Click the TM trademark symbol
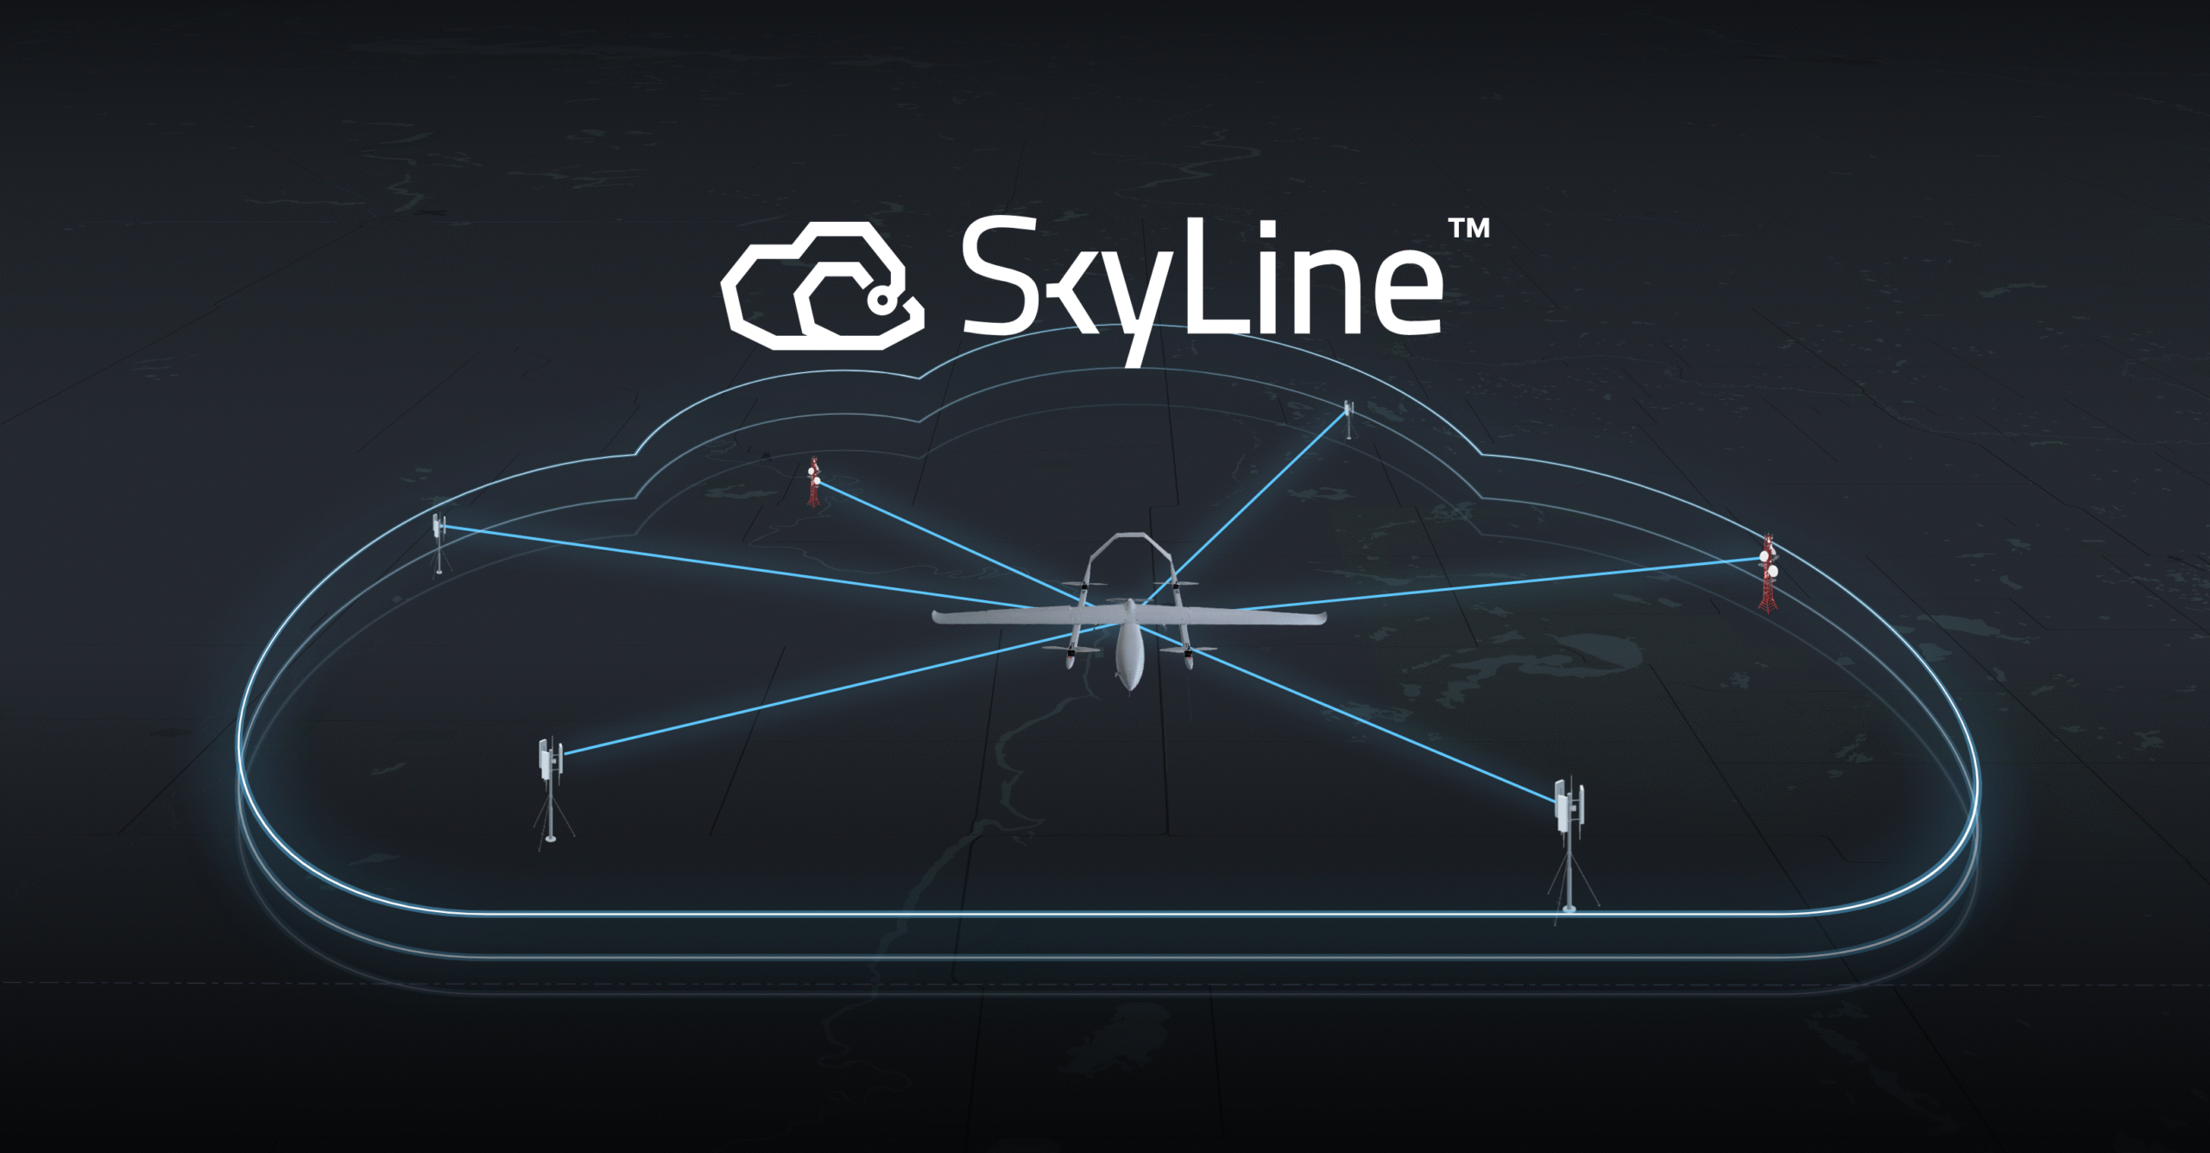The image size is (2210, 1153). click(x=1468, y=227)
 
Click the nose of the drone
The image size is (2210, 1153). click(x=1127, y=688)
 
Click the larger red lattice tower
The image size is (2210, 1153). click(x=1768, y=573)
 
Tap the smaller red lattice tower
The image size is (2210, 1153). click(x=813, y=482)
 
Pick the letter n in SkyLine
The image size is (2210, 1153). click(x=1322, y=291)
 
